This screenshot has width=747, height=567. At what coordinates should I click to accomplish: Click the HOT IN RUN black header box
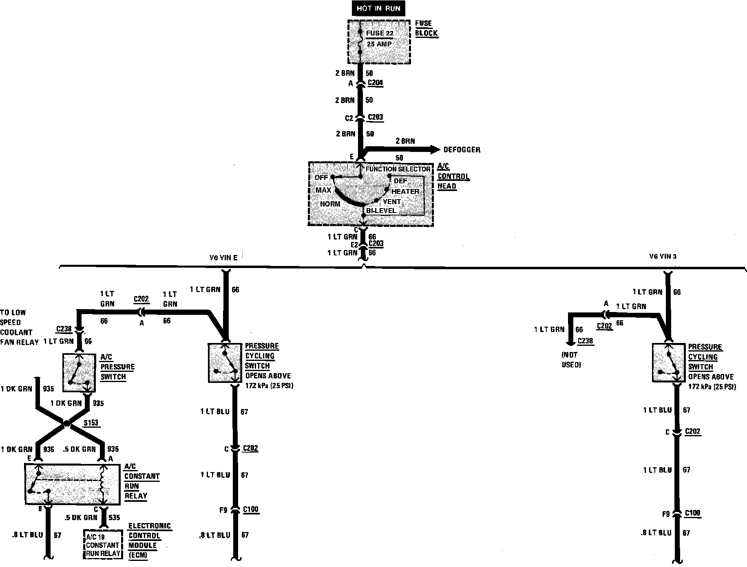pos(378,9)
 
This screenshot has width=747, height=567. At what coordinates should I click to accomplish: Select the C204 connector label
pos(376,83)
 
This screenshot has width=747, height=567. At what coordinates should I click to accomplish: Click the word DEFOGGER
pos(462,150)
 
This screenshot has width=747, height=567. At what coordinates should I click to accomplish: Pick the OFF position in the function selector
pos(321,178)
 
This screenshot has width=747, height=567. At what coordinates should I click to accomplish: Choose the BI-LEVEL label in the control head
pos(381,211)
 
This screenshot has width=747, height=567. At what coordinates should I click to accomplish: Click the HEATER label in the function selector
pos(405,191)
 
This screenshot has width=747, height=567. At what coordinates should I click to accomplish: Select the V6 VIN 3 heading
pos(663,257)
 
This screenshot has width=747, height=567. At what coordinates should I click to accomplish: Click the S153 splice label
pos(91,423)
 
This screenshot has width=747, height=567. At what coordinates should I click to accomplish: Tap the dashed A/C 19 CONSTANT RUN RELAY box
pos(103,545)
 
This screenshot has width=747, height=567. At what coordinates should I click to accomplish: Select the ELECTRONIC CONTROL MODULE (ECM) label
pos(149,541)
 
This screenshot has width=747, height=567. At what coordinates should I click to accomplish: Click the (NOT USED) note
pos(570,360)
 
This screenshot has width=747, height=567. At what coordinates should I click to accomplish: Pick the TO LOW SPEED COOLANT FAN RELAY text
pos(19,327)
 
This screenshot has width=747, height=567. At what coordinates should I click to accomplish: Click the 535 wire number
pos(115,518)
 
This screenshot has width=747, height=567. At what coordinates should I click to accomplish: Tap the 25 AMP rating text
pos(379,44)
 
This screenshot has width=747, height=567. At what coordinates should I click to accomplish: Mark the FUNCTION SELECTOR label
pos(398,169)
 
